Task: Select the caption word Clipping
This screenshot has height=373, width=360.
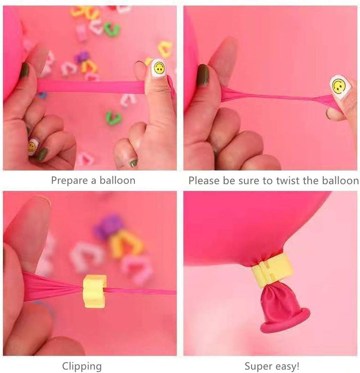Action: (x=82, y=366)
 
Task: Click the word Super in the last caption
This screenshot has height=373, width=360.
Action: (x=258, y=366)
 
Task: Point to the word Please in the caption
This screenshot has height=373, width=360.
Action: (x=205, y=181)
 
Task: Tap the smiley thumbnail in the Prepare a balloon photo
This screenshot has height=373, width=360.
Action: (x=158, y=68)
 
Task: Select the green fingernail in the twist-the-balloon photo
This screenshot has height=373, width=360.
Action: (x=203, y=75)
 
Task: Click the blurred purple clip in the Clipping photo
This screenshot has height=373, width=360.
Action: (x=108, y=226)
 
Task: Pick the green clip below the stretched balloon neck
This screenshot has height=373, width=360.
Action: (x=114, y=117)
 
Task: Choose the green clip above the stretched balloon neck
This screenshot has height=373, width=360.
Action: (x=112, y=29)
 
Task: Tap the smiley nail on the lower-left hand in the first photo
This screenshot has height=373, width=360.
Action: (x=33, y=146)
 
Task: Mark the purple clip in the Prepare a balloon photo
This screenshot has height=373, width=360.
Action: (x=82, y=56)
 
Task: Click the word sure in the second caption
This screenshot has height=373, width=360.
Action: (x=248, y=181)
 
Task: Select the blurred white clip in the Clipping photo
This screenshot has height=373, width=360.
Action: (x=85, y=255)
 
